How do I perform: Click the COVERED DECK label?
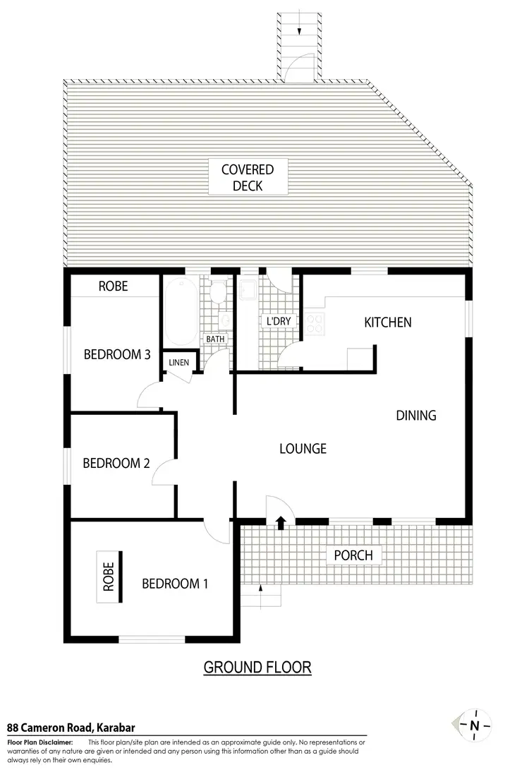click(247, 177)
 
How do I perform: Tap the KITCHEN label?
click(387, 322)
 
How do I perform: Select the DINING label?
click(416, 415)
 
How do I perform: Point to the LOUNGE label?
click(303, 448)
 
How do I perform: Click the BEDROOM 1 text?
click(175, 584)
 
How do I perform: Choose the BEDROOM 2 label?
click(116, 464)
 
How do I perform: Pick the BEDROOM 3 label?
click(117, 354)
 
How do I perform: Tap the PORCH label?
click(353, 555)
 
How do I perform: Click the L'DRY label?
click(279, 322)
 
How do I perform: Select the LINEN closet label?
click(179, 363)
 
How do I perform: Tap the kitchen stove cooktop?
click(315, 323)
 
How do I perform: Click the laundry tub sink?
click(248, 289)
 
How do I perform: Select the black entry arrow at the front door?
click(281, 522)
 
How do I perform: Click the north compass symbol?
click(474, 725)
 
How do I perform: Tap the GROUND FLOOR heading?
click(257, 667)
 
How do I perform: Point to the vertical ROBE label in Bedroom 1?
click(109, 577)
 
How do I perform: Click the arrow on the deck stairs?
click(300, 30)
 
